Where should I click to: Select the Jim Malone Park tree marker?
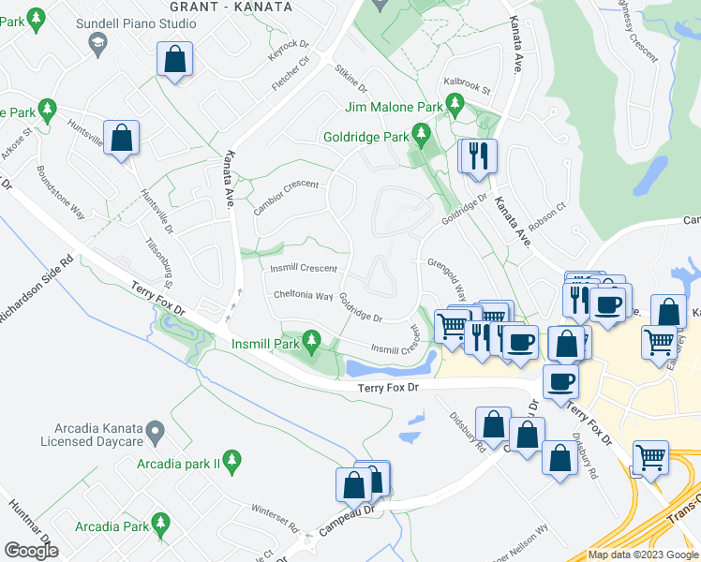pos(455,103)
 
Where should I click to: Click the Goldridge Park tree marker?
pos(422,137)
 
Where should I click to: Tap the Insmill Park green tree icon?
pos(313,343)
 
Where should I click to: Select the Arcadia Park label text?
pos(112,526)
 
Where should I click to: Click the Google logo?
pos(31,551)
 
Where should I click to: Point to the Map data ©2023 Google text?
pos(643,555)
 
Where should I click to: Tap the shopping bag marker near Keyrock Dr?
pos(175,60)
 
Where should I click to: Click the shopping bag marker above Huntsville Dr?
pos(122,140)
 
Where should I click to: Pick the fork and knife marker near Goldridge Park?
pos(480,155)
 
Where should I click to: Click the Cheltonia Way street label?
pos(303,296)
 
